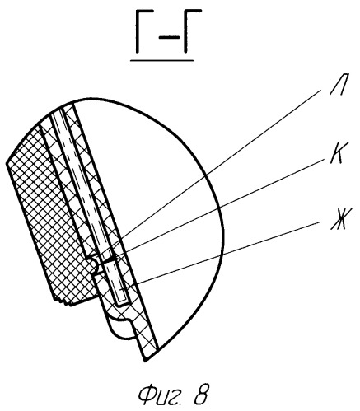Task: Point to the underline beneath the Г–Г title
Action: [161, 60]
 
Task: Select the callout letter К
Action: [336, 152]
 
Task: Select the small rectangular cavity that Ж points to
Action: [120, 283]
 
